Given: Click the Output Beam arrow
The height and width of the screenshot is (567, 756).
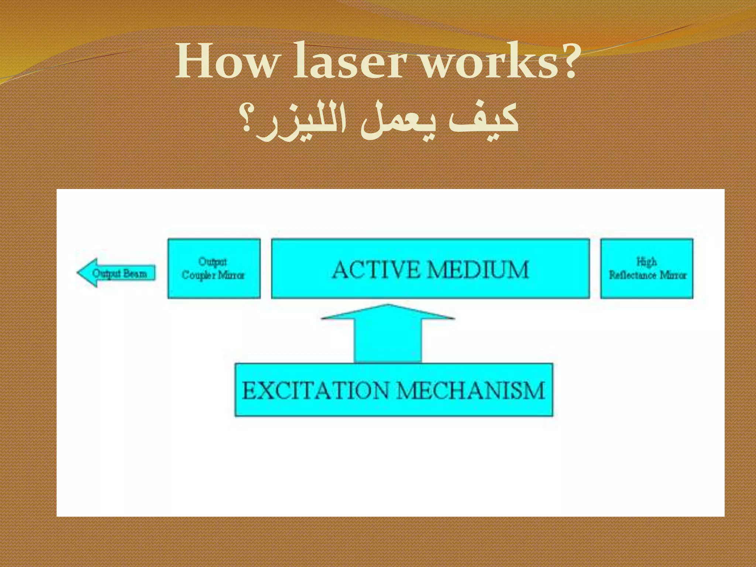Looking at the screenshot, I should [117, 273].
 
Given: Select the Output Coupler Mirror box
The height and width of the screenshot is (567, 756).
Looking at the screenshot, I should [214, 268].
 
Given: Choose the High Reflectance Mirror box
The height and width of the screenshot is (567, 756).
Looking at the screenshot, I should [646, 268].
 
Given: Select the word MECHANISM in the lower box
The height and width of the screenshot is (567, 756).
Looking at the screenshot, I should [471, 391].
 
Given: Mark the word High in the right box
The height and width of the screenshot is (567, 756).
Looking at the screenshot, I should [646, 262].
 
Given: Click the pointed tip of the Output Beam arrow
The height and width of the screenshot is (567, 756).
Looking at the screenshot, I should [79, 273].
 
